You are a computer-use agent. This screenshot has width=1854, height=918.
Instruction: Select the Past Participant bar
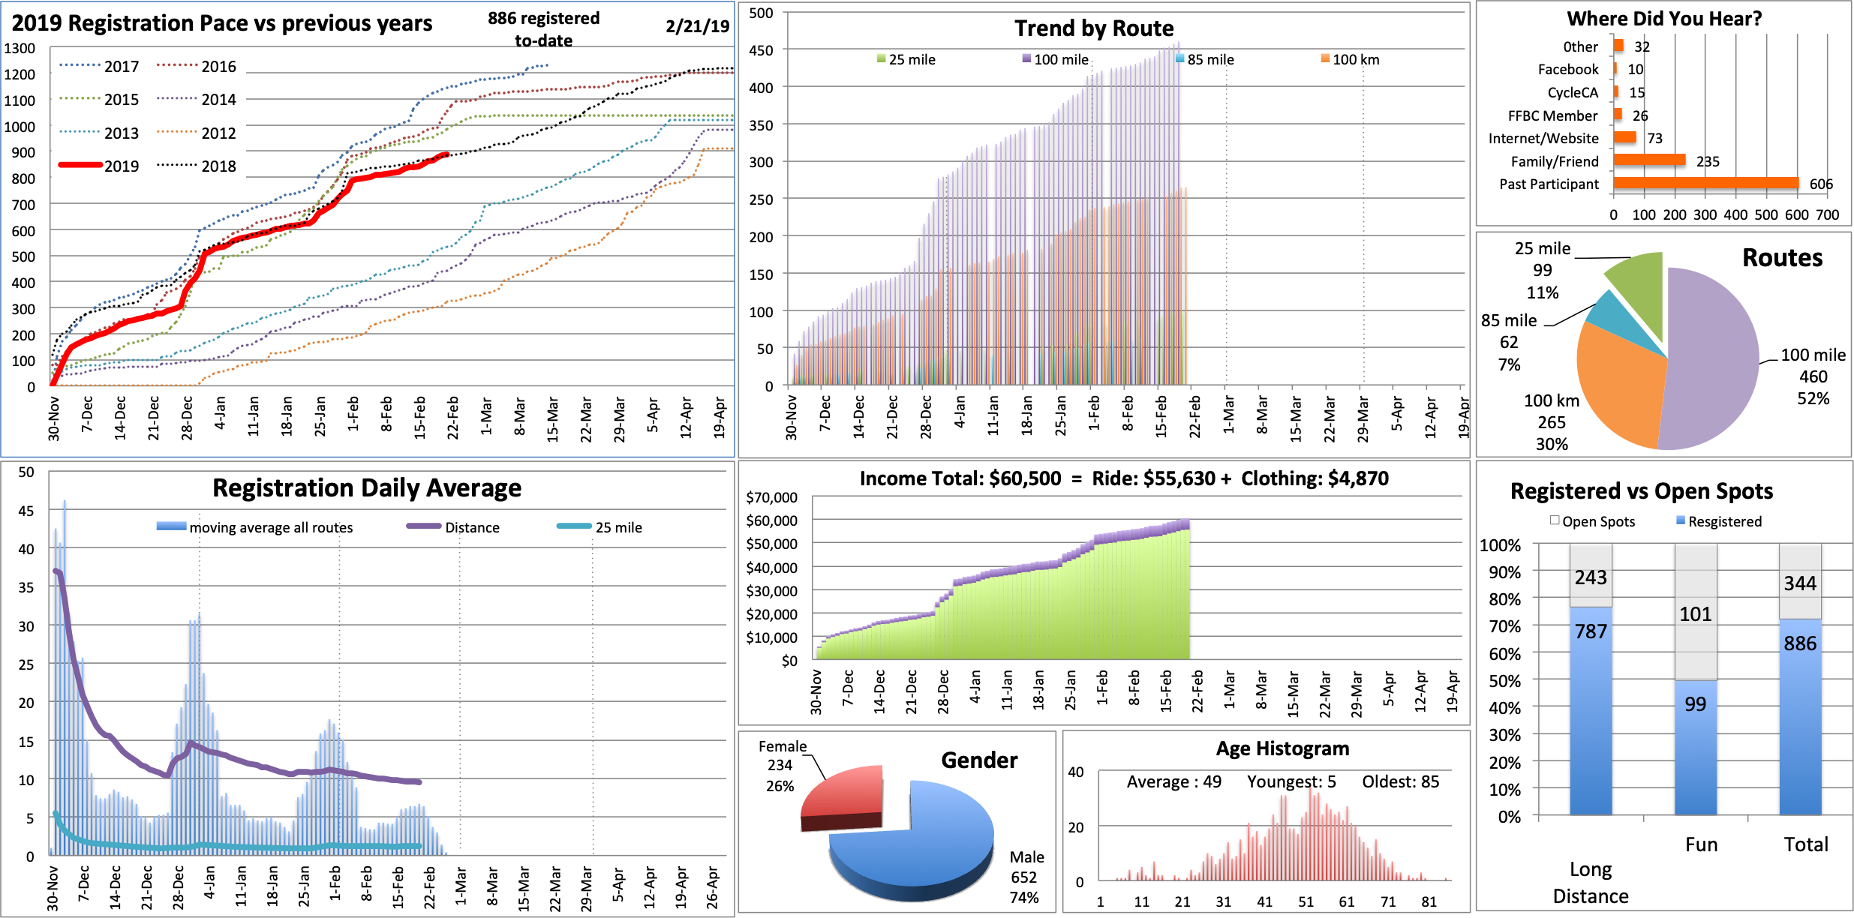coord(1705,184)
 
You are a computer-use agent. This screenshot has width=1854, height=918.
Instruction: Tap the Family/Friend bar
coord(1648,160)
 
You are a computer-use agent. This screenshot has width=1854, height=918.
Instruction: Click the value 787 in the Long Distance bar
coord(1591,631)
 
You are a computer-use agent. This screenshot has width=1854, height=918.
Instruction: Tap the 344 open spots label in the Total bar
coord(1800,583)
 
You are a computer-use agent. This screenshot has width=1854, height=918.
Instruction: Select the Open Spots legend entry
coord(1592,521)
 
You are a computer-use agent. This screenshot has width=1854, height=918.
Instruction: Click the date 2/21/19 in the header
coord(697,26)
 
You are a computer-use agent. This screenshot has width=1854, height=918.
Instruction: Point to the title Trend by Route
coord(1094,28)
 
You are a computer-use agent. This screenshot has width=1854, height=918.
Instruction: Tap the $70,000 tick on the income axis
coord(771,497)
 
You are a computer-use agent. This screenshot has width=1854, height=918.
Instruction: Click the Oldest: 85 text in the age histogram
coord(1400,781)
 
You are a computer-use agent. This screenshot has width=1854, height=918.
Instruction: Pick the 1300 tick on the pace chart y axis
coord(20,49)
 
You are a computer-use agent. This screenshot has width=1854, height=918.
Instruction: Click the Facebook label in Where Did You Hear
coord(1568,70)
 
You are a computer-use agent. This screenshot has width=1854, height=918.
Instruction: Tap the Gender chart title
coord(979,760)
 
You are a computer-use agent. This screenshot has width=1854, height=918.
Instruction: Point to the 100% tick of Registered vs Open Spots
coord(1500,545)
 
